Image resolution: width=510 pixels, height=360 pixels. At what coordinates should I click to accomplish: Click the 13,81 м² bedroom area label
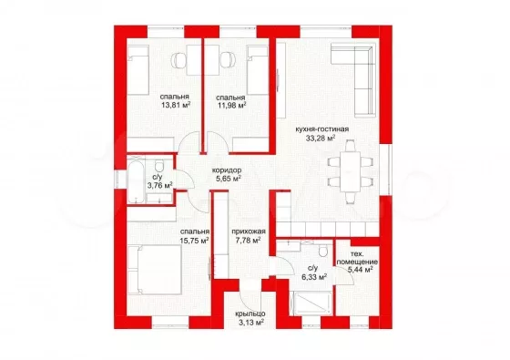point(175,105)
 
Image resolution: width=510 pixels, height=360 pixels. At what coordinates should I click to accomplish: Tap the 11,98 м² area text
point(231,105)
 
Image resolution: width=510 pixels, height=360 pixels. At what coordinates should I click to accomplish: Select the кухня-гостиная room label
point(322,129)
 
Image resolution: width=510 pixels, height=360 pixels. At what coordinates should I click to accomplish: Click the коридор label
point(227,170)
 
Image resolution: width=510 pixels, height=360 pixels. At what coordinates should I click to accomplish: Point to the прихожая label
point(249,231)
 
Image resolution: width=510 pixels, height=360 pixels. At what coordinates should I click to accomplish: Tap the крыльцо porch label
point(250,314)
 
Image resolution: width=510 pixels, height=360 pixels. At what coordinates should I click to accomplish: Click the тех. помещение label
point(357,258)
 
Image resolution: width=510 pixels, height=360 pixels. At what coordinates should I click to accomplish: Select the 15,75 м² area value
point(194,241)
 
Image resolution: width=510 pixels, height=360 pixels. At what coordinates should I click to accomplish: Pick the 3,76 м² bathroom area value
point(159,186)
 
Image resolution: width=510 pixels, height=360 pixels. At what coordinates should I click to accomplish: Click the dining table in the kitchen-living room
point(350,171)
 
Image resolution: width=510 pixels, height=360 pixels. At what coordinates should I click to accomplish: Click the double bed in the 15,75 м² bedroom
point(155,270)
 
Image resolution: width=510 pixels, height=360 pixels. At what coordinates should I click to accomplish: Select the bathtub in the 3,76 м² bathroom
point(136,180)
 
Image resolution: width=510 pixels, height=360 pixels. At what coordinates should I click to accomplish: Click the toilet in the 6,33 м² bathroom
point(323,250)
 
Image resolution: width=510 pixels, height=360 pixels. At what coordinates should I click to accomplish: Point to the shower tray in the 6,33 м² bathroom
point(312,303)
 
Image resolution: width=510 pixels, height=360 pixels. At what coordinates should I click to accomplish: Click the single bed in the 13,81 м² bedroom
point(138,70)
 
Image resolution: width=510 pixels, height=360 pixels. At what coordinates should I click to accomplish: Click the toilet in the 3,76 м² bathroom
point(159,166)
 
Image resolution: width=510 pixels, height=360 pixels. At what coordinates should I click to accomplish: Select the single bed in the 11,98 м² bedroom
point(258,70)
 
